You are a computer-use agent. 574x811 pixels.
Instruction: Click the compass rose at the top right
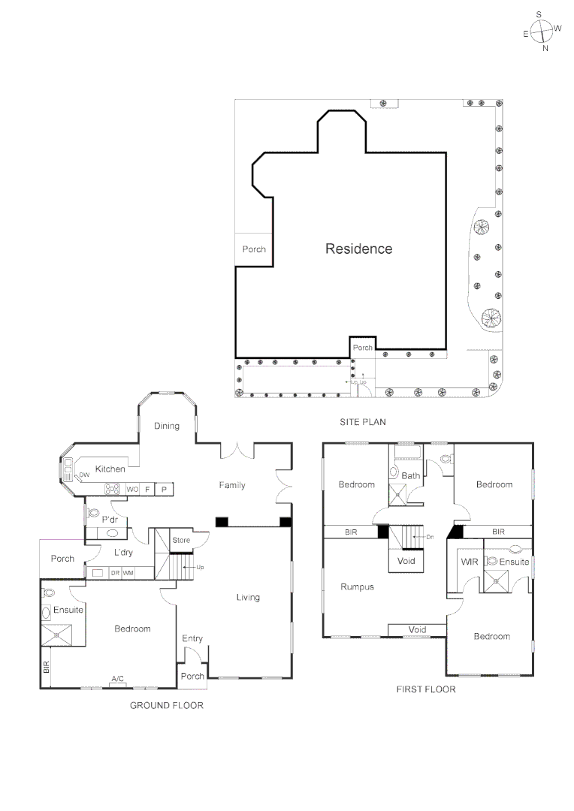tap(541, 31)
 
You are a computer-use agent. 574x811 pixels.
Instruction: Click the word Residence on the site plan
tap(358, 249)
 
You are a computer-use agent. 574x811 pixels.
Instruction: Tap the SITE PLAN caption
tap(362, 423)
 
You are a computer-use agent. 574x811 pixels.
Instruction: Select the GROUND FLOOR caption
tap(167, 705)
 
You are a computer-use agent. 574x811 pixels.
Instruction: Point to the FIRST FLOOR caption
tap(425, 689)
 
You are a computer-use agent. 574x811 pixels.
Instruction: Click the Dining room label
tap(167, 426)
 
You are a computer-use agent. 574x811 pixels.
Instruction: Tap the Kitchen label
tap(110, 469)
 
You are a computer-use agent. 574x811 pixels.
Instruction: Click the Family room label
tap(232, 485)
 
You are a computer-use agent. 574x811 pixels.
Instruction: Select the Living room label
tap(248, 597)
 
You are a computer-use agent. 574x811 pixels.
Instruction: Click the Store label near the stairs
tap(181, 540)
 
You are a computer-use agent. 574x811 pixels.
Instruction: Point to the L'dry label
tap(124, 553)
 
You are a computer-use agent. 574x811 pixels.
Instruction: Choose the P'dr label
tap(110, 520)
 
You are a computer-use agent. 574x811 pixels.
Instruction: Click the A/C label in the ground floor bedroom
tap(118, 679)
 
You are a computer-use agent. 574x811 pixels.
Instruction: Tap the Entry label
tap(192, 638)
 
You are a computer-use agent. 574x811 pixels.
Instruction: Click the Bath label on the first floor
tap(411, 475)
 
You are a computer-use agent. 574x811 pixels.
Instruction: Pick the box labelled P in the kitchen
tap(164, 489)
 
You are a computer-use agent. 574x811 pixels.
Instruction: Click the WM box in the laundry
tap(128, 573)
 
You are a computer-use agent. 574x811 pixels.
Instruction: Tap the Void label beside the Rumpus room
tap(417, 629)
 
